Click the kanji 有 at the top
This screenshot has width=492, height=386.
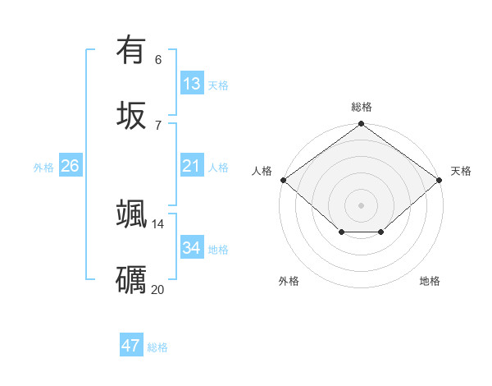pos(131,50)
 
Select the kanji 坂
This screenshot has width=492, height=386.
pos(131,114)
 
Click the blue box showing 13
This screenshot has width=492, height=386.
pos(192,84)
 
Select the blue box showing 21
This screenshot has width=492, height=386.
pos(192,166)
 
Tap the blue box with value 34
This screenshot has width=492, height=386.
pos(192,247)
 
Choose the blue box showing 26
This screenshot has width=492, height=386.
pos(71,166)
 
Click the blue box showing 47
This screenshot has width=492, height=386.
pos(131,346)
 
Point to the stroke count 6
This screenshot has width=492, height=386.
pos(158,60)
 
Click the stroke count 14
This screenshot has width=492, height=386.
pos(158,223)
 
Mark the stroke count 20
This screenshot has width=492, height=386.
pos(158,289)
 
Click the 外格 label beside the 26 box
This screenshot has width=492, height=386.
pos(43,168)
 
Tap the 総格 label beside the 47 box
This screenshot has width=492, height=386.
pos(157,347)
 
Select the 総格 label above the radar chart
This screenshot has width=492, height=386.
pos(361,106)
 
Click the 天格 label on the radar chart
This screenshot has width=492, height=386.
pos(461,171)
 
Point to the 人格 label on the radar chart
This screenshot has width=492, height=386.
pos(262,171)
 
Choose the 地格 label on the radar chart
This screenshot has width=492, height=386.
pos(430,281)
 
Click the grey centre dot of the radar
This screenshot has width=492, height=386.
pos(361,204)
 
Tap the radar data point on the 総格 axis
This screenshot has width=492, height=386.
pos(361,124)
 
